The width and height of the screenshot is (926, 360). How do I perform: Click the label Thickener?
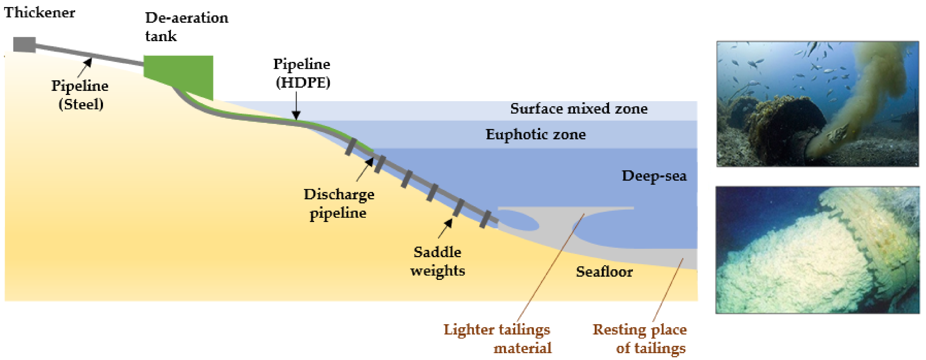tap(40, 13)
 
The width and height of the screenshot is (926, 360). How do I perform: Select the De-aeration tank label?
tap(186, 27)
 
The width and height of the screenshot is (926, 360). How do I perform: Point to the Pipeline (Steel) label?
tap(80, 95)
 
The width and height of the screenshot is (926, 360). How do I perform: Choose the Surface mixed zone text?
tap(579, 109)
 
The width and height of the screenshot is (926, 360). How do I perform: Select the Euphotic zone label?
tap(536, 135)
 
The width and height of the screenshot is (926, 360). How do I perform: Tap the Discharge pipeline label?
tap(339, 204)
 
